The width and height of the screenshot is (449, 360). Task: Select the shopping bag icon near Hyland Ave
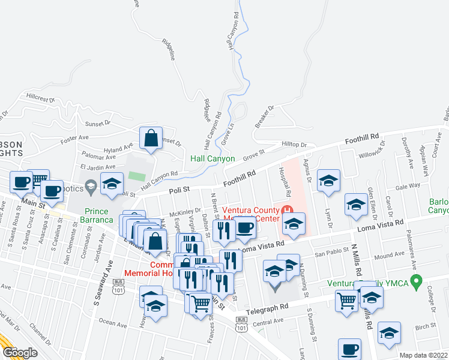point(151,138)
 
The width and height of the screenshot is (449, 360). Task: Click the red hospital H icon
point(287,211)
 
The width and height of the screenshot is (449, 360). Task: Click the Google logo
point(20,353)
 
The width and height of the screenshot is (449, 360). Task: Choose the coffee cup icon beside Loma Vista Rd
point(244,228)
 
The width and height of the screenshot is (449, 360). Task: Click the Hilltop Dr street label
point(294,145)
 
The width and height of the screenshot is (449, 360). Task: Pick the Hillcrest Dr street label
point(40,97)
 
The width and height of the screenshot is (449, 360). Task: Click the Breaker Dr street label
point(264,116)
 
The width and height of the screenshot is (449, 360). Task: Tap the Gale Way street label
point(408,187)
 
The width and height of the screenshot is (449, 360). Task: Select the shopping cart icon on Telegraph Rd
point(346,302)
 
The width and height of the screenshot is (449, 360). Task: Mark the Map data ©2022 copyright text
point(423,355)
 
